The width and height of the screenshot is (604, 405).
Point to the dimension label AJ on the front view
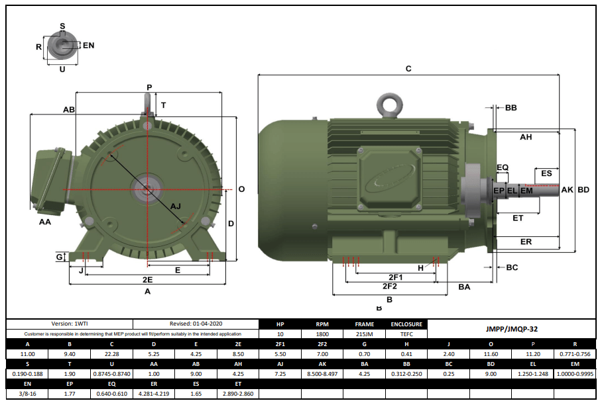[x=176, y=206]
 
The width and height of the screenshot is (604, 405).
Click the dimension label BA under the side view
[x=464, y=287]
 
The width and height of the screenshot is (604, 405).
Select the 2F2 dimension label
[x=389, y=287]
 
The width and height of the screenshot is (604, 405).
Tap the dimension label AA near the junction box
[x=45, y=222]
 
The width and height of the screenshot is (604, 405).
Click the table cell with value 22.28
[x=111, y=354]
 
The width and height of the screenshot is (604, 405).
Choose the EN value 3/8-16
[x=27, y=394]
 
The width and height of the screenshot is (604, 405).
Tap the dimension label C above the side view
[x=408, y=69]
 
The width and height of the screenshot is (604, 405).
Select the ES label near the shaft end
[x=546, y=173]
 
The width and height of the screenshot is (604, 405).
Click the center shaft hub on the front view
[x=146, y=190]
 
